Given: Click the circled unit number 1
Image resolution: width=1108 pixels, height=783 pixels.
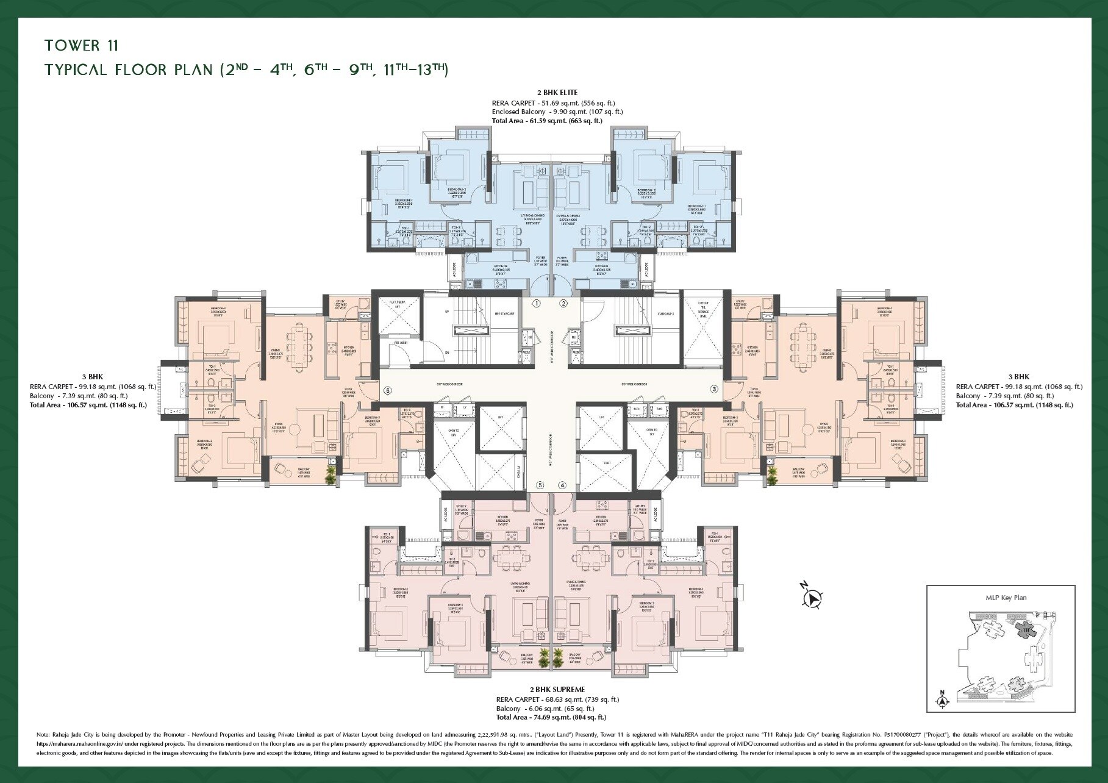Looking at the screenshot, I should point(537,303).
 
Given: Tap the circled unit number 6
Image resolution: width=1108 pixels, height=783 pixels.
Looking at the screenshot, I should point(387,390).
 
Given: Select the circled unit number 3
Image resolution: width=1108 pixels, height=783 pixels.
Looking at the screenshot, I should point(714,388).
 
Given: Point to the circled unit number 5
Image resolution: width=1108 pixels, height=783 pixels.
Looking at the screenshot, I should point(540,485).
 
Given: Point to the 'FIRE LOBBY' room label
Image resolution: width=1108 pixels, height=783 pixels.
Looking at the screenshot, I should point(400,343).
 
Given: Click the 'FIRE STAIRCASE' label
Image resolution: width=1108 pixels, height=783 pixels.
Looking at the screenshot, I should point(504,313).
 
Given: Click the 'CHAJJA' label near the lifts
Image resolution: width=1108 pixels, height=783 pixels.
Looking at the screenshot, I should point(518,471).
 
